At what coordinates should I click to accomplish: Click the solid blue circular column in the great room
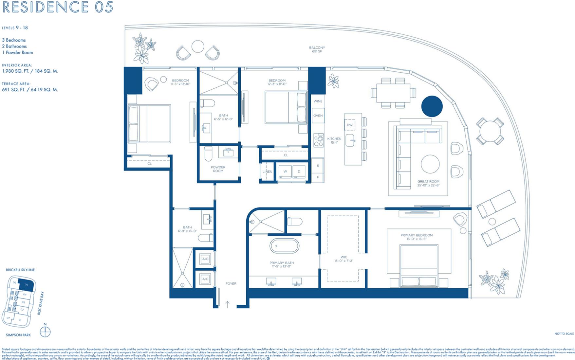pos(432,106)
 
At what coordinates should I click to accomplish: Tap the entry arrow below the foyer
pos(227,304)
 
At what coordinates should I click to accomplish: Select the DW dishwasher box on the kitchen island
pos(350,125)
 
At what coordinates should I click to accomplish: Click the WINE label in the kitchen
pos(318,101)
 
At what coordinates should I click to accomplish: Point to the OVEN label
pos(318,116)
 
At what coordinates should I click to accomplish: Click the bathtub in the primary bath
pos(284,246)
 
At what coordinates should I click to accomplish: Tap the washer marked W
pos(285,171)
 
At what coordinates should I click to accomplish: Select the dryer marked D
pos(299,171)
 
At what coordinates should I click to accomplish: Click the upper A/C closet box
pos(205,259)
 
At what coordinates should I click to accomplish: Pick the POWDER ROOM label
pos(218,169)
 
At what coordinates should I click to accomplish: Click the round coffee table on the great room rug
pos(430,164)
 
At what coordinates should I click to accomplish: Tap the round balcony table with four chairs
pos(490,131)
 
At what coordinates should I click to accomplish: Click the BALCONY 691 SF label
pos(317,49)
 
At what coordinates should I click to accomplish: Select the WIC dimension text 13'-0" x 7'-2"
pos(343,261)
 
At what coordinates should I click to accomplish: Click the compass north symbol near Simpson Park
pos(45,332)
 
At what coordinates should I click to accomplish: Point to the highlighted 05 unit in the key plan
pos(26,284)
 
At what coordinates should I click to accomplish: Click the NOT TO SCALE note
pos(564,333)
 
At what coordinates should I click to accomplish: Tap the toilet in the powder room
pos(209,153)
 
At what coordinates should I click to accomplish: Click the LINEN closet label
pos(267,171)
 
